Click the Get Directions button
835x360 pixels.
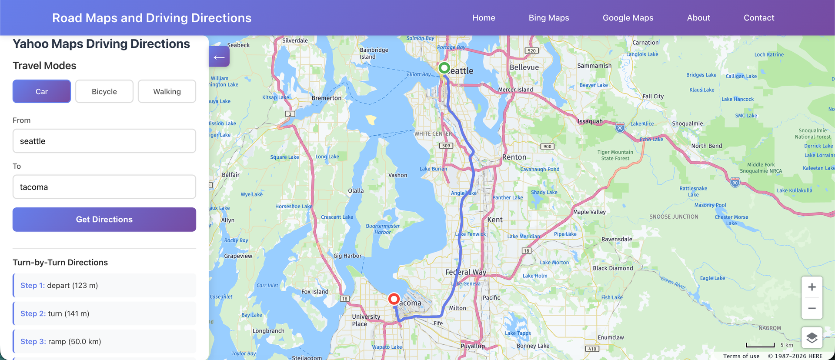click(104, 220)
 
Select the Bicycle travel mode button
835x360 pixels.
click(104, 91)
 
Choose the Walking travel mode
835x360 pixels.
click(167, 91)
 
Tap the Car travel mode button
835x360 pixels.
click(42, 91)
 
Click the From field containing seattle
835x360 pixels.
click(104, 141)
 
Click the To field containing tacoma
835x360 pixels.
click(104, 187)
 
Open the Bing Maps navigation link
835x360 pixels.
click(549, 18)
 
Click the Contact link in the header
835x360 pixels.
click(759, 18)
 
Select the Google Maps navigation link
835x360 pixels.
click(628, 18)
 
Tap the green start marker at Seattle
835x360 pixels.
click(444, 68)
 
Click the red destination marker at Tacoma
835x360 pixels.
click(394, 299)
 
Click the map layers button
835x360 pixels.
click(812, 337)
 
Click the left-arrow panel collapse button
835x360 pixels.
click(219, 57)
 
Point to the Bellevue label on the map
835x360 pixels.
click(524, 67)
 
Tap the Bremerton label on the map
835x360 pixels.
click(327, 98)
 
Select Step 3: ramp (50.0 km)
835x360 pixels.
click(104, 341)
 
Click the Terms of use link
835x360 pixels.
click(741, 356)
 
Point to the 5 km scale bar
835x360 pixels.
click(761, 345)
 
